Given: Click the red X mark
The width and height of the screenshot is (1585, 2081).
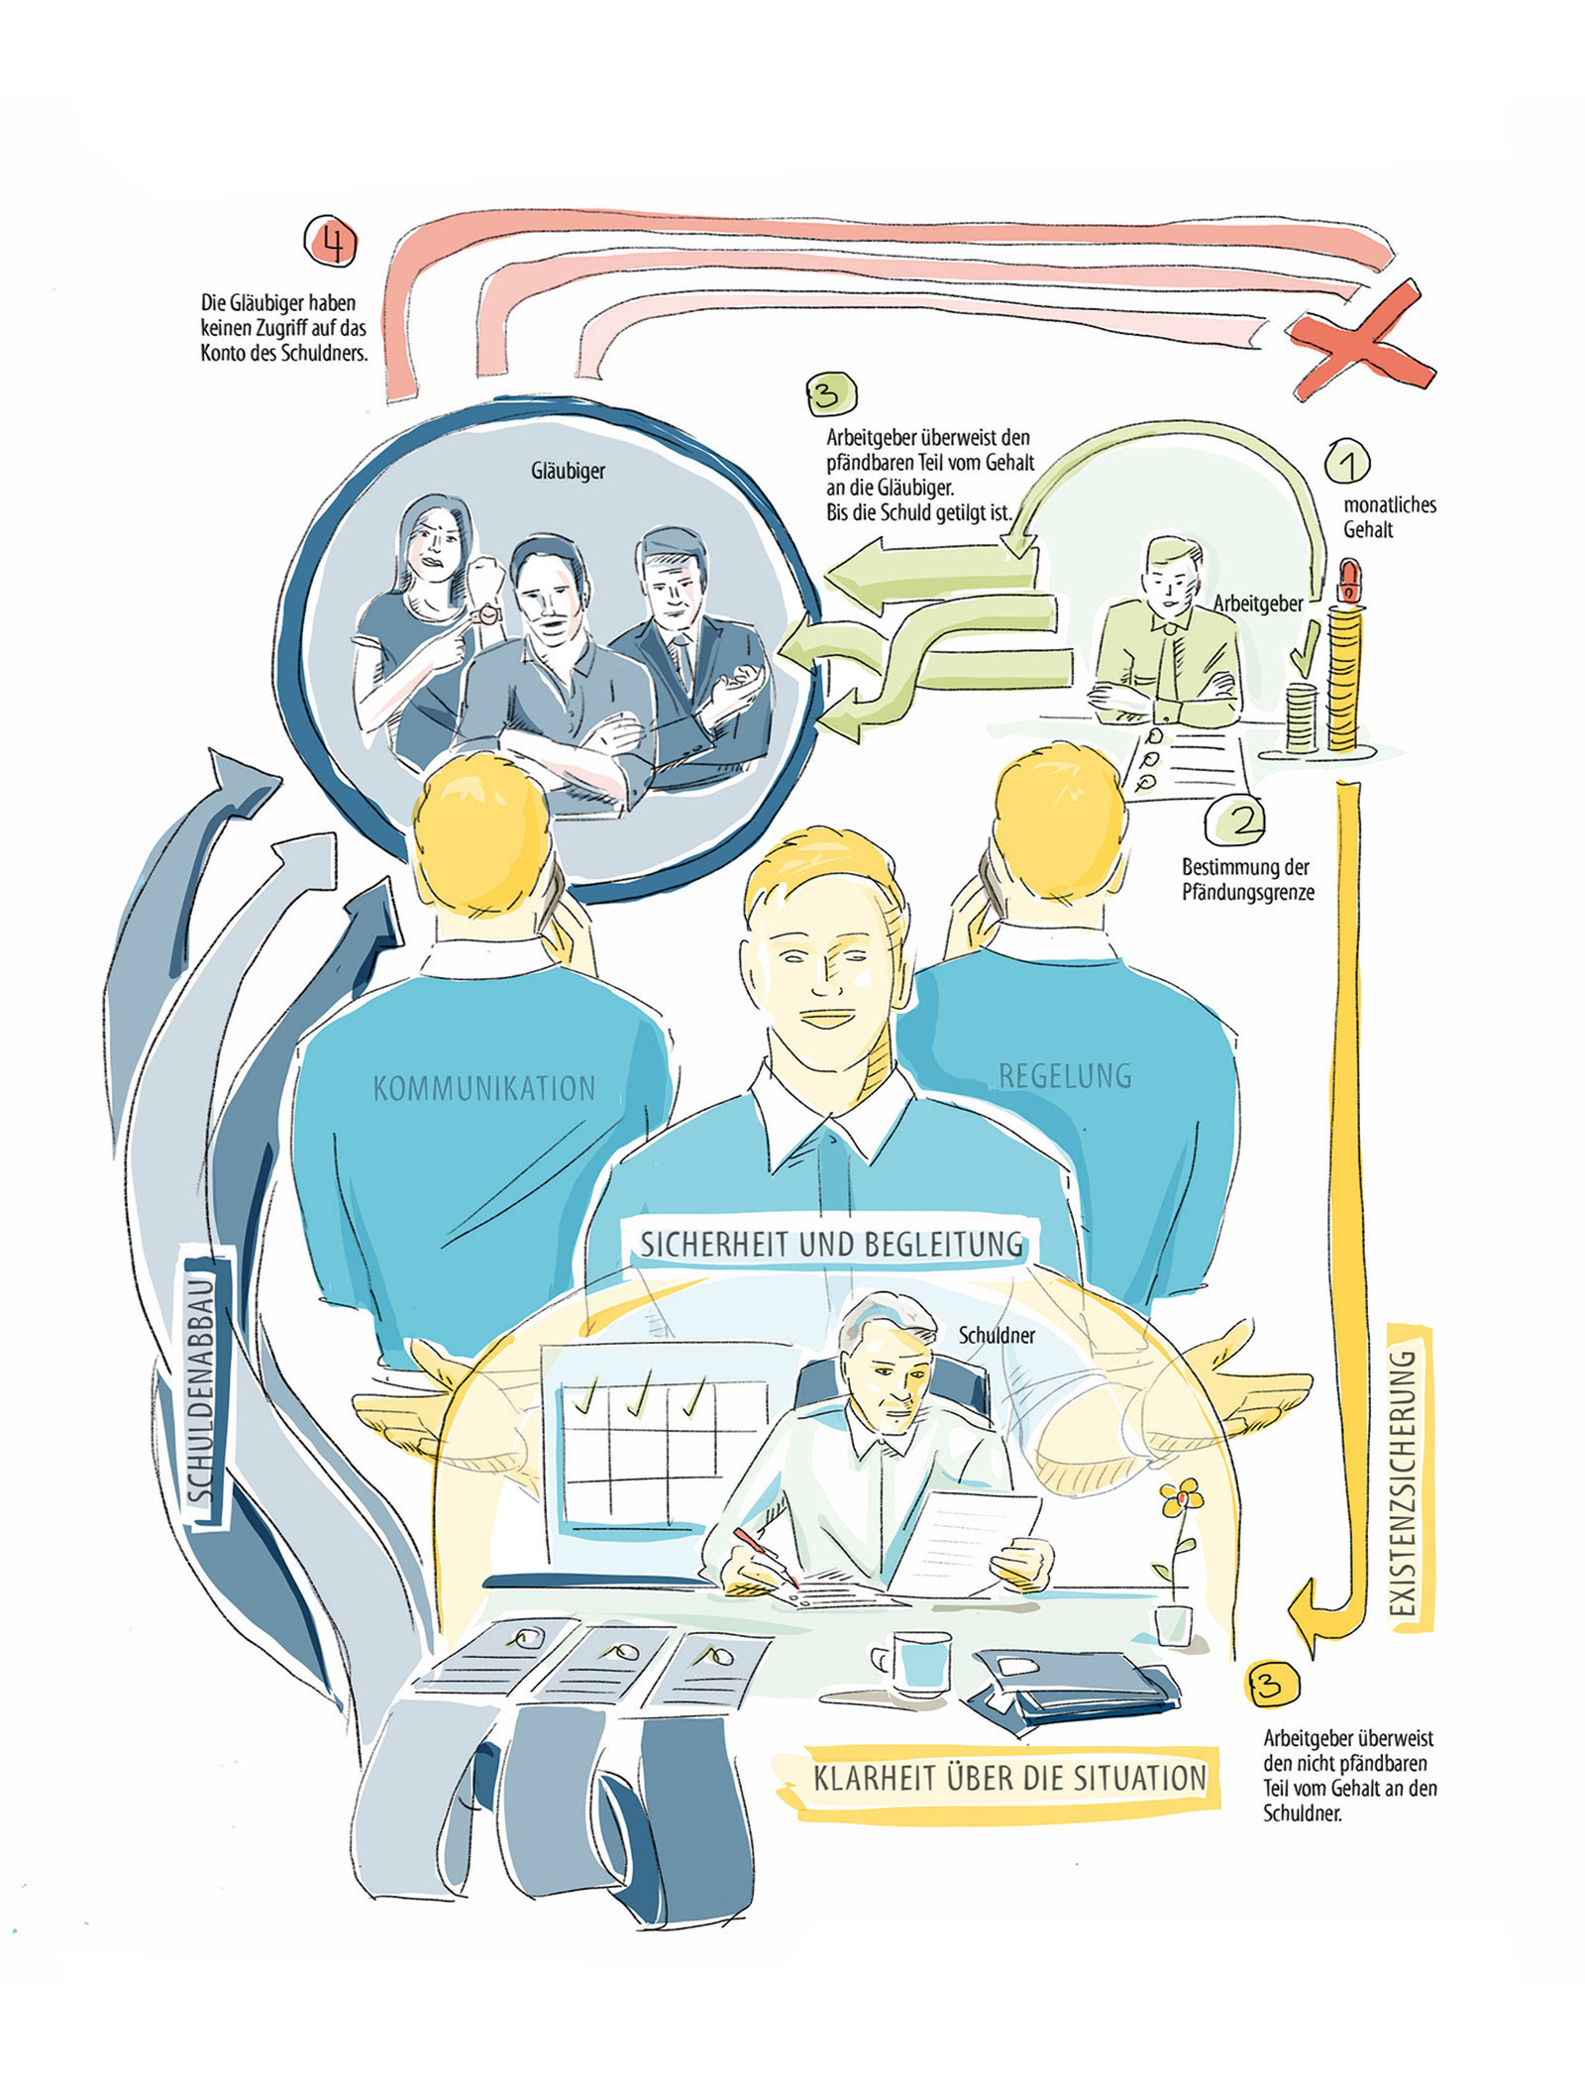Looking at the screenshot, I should [x=1360, y=338].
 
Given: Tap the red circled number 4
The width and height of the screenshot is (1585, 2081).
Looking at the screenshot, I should [x=331, y=241].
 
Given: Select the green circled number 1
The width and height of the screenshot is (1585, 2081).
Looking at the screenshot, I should [x=1347, y=461].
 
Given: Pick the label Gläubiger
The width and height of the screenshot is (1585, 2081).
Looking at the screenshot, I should [x=568, y=471].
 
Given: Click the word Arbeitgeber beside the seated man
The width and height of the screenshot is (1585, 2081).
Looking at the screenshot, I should [x=1257, y=602].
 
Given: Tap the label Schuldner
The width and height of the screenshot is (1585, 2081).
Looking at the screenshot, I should [x=996, y=1336].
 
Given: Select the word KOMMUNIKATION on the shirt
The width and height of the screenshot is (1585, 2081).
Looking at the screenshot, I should [x=483, y=1089].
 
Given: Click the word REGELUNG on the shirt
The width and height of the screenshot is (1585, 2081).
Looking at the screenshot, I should [x=1064, y=1075].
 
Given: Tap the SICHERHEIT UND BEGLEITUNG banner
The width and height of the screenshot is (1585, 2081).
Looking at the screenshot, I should [x=830, y=1244].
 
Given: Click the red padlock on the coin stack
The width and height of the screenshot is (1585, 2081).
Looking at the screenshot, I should [x=1348, y=580].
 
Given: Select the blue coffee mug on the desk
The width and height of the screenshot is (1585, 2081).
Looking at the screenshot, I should [x=918, y=1663].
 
